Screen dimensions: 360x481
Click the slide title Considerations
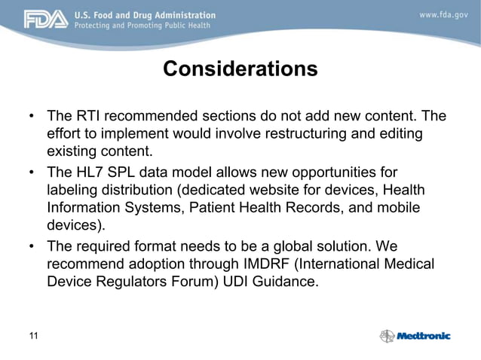point(240,70)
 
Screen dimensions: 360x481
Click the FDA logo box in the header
point(45,19)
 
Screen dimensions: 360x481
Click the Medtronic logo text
point(424,336)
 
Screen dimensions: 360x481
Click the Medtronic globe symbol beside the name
point(387,336)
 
